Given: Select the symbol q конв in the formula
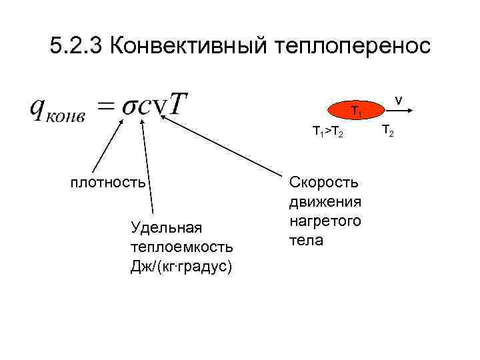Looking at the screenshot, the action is click(x=57, y=109).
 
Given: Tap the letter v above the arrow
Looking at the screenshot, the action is click(x=398, y=100).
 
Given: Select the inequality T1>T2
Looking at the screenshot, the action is click(x=328, y=132).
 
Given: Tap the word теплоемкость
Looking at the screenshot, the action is click(x=182, y=247).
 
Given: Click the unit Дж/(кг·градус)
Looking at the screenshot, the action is click(x=182, y=267).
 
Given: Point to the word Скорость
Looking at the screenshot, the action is click(x=323, y=181).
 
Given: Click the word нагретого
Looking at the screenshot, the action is click(x=325, y=220).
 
